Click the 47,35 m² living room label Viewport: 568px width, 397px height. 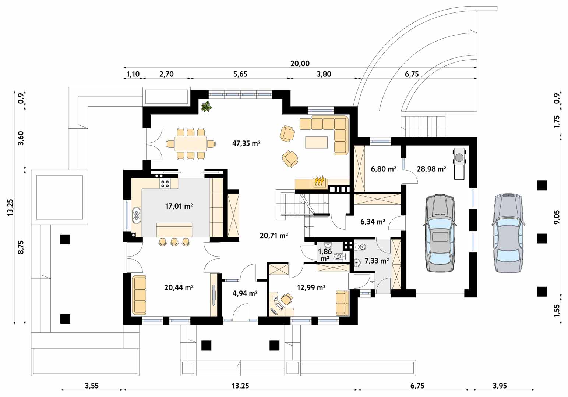246,144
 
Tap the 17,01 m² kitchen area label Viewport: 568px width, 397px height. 179,206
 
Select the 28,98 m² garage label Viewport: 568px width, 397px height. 431,169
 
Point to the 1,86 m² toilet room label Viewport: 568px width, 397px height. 325,255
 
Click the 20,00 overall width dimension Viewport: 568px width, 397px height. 300,63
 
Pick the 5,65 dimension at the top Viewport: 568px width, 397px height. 240,74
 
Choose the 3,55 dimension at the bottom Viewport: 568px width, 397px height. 92,386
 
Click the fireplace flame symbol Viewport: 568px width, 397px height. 320,180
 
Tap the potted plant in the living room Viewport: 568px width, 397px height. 207,106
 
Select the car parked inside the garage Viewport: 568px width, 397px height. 440,233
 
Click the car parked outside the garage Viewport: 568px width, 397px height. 508,233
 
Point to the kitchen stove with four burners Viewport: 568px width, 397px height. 165,183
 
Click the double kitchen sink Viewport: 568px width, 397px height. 137,215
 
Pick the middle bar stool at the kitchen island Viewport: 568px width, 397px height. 174,242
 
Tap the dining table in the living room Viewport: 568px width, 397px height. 190,144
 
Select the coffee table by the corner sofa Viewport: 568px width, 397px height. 316,142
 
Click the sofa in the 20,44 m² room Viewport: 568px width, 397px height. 139,295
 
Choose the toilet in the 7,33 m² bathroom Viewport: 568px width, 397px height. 360,246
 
